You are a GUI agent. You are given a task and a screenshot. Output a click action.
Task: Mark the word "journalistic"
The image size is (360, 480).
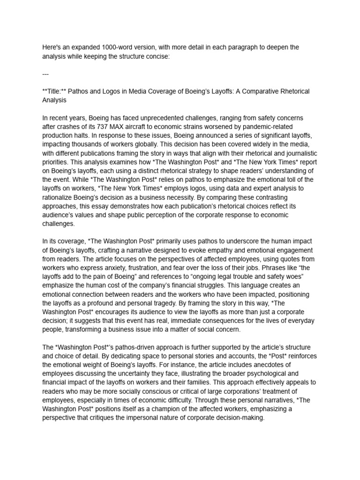pos(300,153)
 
